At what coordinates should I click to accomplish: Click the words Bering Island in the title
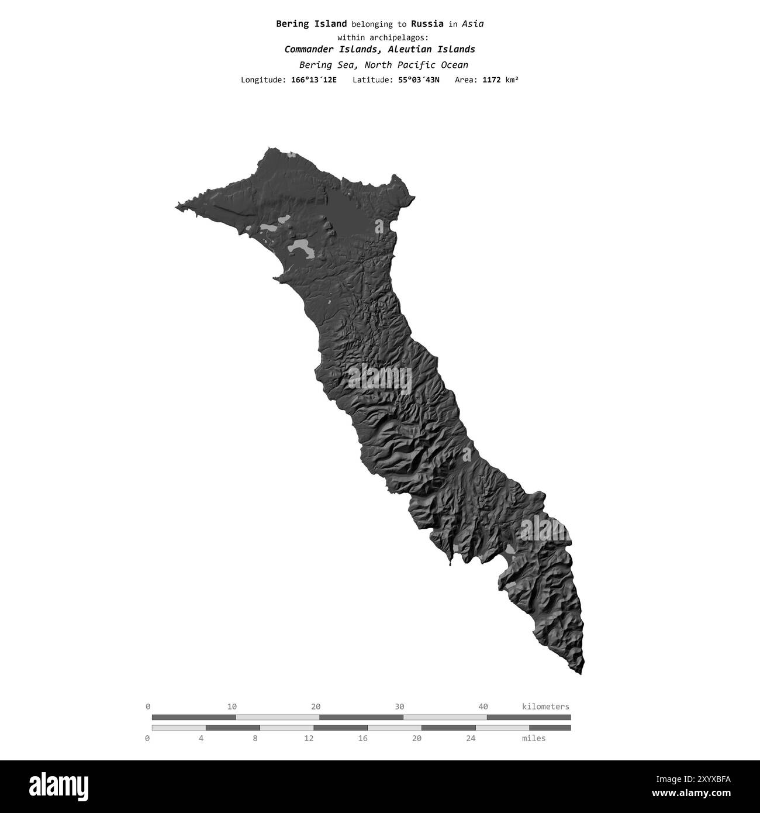[x=311, y=24]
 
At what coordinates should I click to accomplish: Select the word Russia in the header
[x=427, y=24]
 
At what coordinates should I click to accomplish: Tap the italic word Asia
[x=472, y=24]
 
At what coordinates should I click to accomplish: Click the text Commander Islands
[x=330, y=50]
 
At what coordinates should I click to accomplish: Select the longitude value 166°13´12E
[x=313, y=80]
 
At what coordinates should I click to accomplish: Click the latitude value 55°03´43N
[x=419, y=80]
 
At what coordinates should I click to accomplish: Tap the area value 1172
[x=492, y=80]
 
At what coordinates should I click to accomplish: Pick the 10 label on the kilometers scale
[x=232, y=707]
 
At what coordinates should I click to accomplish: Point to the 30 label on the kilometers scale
[x=399, y=707]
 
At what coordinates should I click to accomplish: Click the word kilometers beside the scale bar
[x=545, y=707]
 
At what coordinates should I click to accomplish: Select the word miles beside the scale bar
[x=534, y=738]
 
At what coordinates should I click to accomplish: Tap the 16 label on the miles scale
[x=363, y=738]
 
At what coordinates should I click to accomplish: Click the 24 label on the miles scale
[x=471, y=738]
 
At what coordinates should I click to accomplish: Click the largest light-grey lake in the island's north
[x=301, y=249]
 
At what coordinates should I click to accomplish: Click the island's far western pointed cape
[x=177, y=206]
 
